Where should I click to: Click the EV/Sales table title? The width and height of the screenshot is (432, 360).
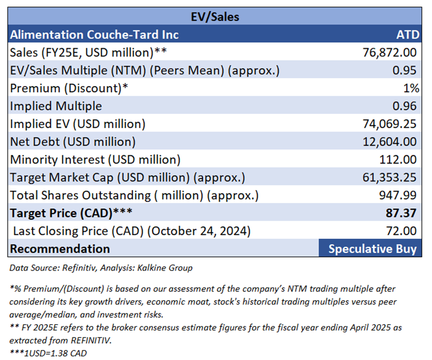coord(215,17)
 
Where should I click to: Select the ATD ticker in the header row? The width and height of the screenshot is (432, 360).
coord(407,35)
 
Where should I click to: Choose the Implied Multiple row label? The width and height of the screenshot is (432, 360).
coord(56,106)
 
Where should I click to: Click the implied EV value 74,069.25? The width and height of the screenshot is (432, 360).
coord(389,124)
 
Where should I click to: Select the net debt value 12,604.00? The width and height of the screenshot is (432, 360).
coord(389,142)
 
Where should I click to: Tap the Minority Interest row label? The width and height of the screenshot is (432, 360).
coord(95,160)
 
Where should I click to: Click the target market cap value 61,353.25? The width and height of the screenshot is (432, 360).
coord(389,177)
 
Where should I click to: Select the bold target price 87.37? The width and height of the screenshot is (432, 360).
coord(402,213)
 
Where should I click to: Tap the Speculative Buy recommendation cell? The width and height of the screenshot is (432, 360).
coord(372,249)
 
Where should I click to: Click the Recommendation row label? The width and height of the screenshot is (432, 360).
coord(60,249)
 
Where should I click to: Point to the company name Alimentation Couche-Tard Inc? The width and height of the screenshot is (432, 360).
coord(94,35)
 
